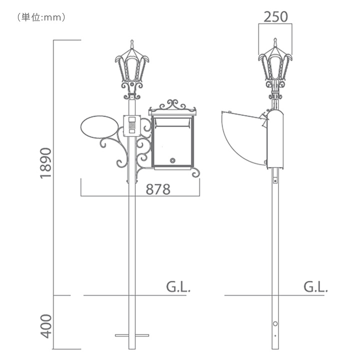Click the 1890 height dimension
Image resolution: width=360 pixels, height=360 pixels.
pyautogui.click(x=46, y=163)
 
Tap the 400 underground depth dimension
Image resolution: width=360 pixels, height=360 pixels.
pyautogui.click(x=46, y=326)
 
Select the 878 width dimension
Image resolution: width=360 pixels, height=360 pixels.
pyautogui.click(x=158, y=189)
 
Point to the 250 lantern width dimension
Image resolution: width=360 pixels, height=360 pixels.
pyautogui.click(x=275, y=17)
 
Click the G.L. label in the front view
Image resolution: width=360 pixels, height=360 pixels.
pyautogui.click(x=178, y=287)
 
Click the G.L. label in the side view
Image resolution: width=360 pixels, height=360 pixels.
pyautogui.click(x=315, y=287)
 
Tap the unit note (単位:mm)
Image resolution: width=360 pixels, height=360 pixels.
pyautogui.click(x=41, y=17)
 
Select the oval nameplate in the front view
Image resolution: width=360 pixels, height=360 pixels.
pyautogui.click(x=99, y=126)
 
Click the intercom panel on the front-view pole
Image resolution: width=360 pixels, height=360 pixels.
pyautogui.click(x=132, y=126)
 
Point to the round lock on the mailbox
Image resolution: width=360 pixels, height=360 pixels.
pyautogui.click(x=172, y=160)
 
